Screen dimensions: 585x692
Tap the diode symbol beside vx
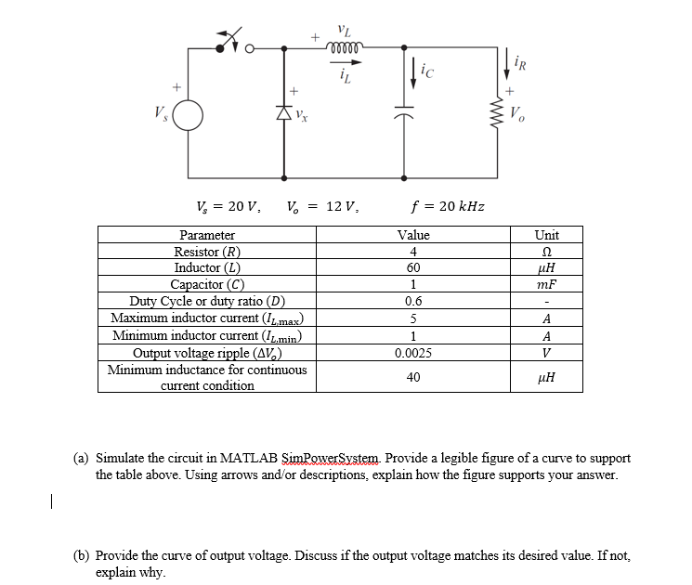pos(280,115)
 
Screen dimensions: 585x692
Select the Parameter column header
pos(207,236)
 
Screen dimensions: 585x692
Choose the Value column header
pos(412,236)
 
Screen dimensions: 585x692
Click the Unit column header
pos(546,236)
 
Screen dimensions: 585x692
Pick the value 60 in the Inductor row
pos(412,268)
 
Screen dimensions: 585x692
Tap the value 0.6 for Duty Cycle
pos(412,302)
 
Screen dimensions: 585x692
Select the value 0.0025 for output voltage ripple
pos(412,353)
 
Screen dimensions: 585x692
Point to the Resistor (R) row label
pos(207,253)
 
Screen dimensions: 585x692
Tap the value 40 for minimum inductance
pos(412,378)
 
